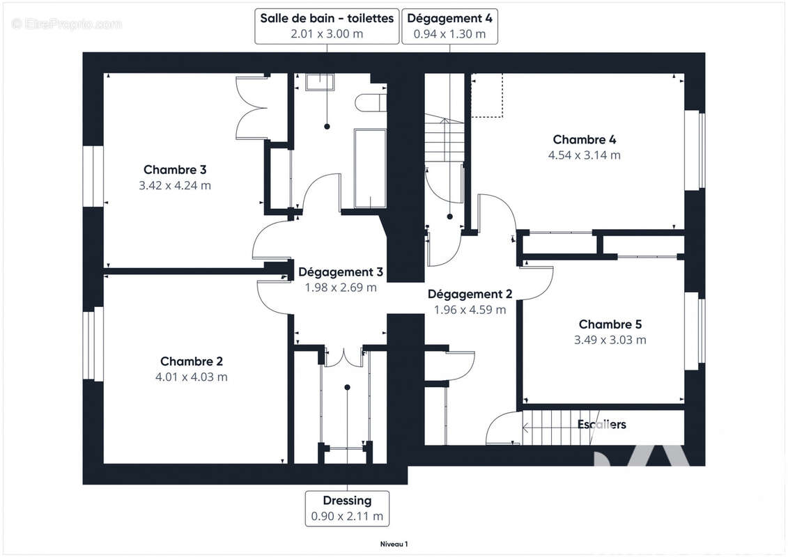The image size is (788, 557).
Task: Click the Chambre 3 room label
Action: point(175,170)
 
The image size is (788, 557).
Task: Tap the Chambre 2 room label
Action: point(192,361)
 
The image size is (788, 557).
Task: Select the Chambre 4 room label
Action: point(584,140)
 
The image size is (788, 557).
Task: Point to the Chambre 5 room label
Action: point(610,324)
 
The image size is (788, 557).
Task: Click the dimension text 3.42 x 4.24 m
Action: point(175,186)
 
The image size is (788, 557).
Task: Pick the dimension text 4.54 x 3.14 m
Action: point(584,155)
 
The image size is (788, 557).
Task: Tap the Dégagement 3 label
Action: point(341,272)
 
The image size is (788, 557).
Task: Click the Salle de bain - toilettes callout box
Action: point(327,26)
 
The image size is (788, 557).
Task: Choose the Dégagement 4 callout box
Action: point(450,26)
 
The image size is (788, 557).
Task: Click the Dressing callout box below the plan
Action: point(347,508)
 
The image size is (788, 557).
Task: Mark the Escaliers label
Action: point(602,424)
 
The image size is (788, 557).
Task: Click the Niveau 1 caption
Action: point(394,544)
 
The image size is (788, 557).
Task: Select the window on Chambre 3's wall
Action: point(93,175)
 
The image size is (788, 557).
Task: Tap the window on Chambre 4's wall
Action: point(695,150)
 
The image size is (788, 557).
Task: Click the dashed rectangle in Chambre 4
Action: point(487,95)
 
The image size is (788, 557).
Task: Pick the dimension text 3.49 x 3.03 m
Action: point(610,340)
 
